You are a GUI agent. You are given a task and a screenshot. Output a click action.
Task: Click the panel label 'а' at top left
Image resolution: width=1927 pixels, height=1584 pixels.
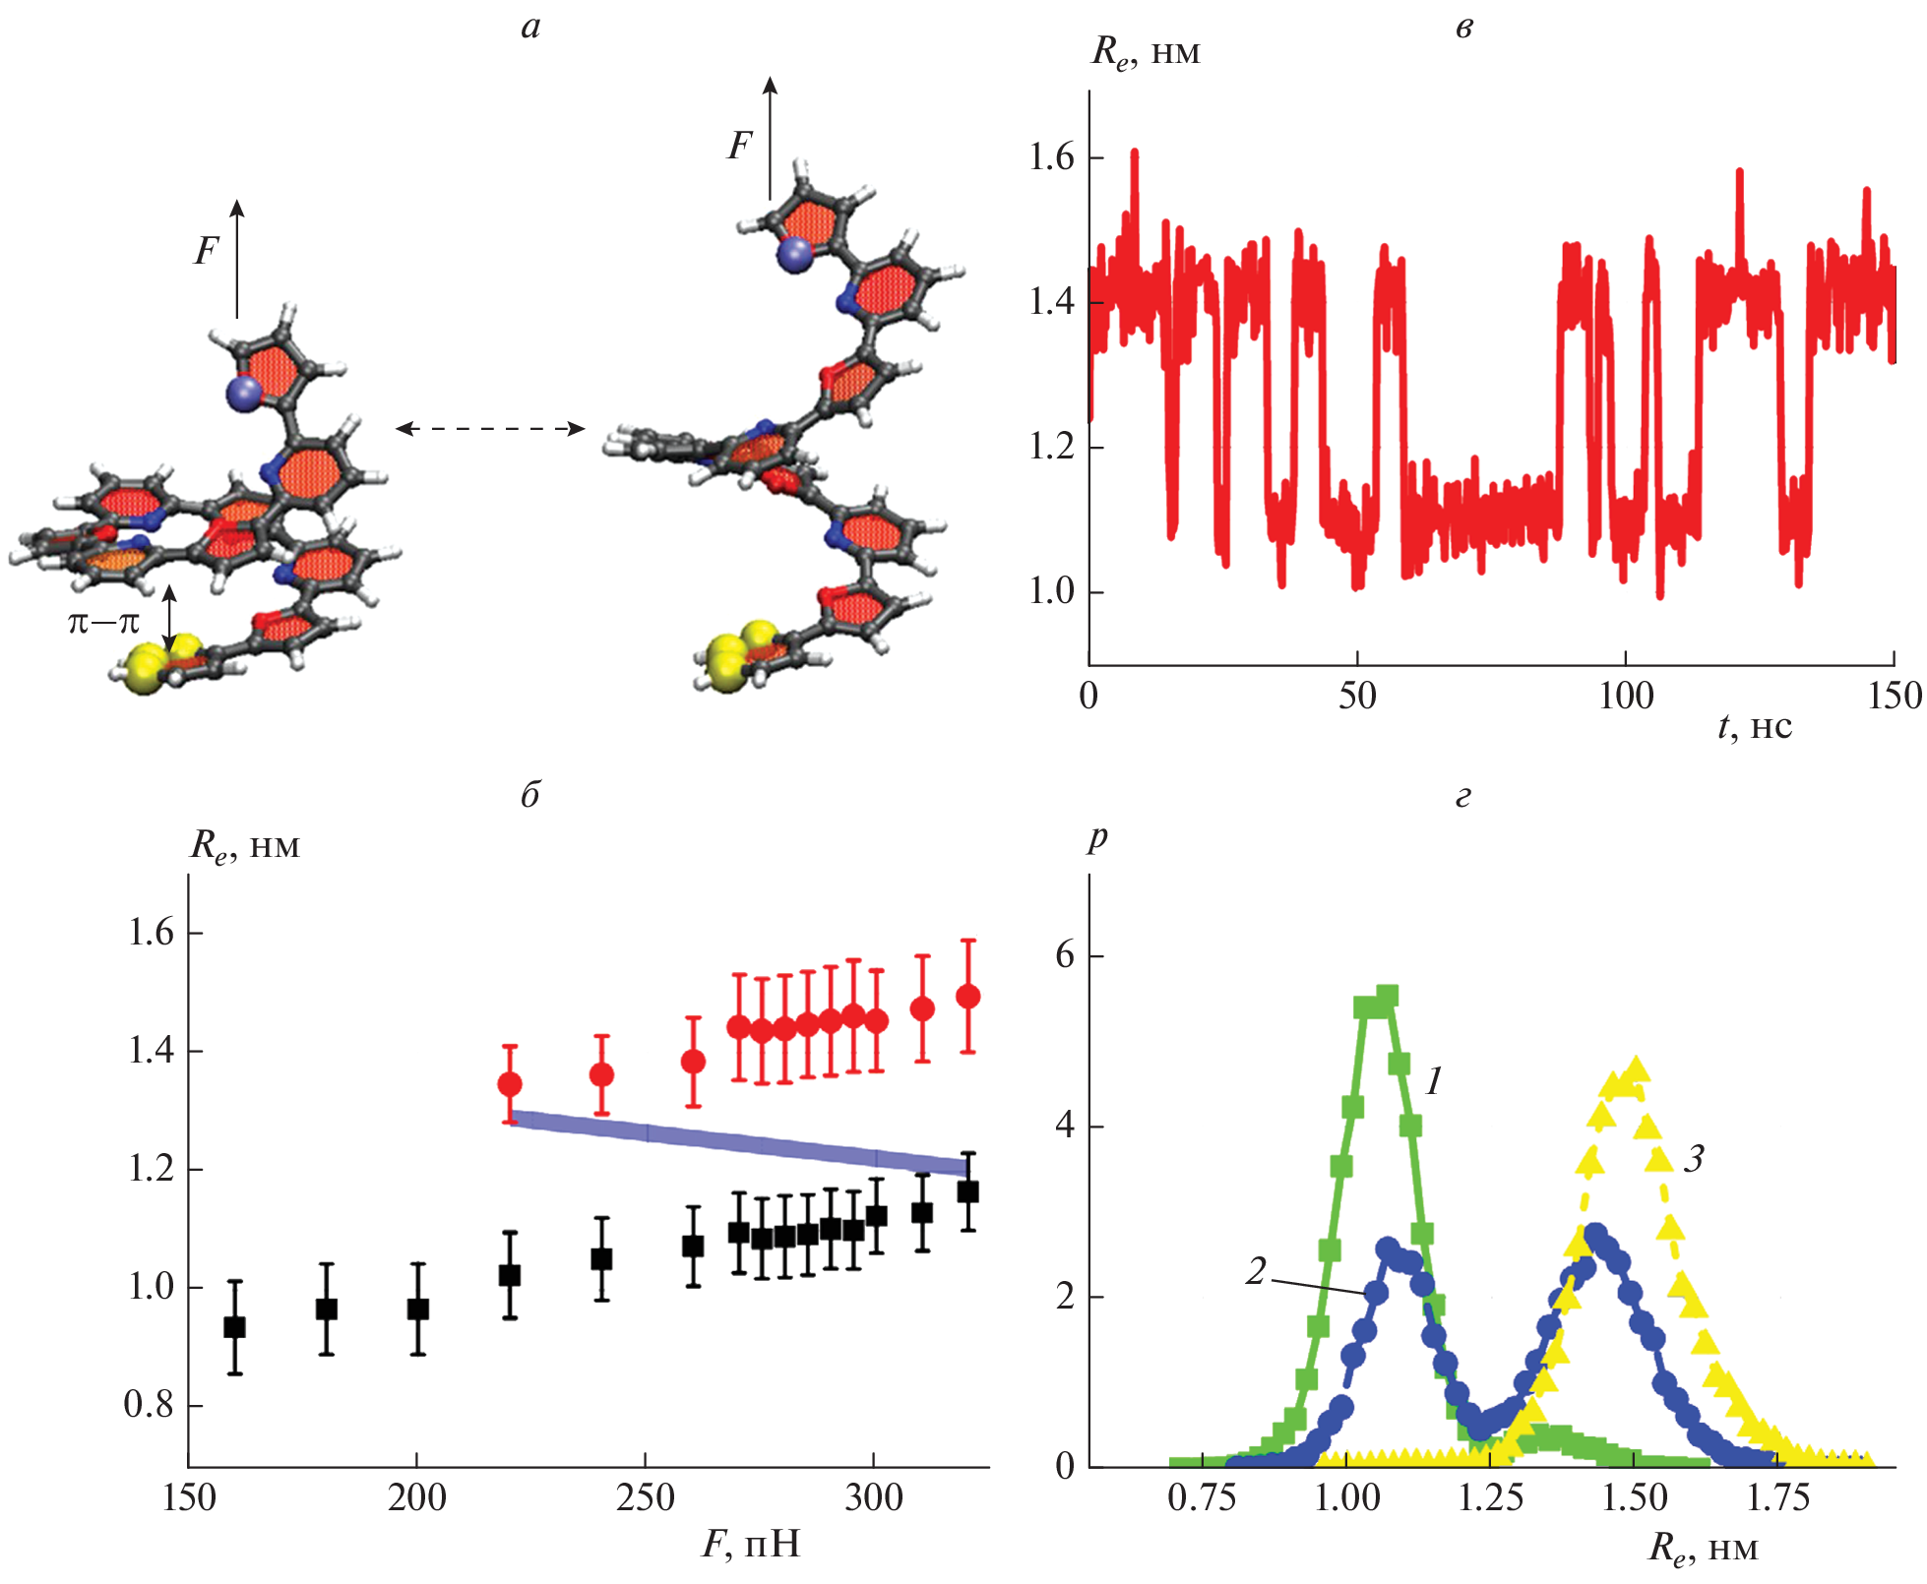coord(531,28)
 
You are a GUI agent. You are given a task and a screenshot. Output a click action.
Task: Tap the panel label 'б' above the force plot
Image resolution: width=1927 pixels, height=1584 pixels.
coord(530,794)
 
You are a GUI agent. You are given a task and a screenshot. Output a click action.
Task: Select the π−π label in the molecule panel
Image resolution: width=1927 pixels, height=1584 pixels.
coord(103,622)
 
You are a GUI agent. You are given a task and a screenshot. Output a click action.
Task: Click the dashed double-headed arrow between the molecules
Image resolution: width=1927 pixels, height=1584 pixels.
coord(490,428)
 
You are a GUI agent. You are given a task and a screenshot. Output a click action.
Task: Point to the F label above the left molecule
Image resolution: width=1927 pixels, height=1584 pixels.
coord(205,252)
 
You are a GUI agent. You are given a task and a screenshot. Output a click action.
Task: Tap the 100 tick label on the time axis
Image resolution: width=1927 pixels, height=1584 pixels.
coord(1625,697)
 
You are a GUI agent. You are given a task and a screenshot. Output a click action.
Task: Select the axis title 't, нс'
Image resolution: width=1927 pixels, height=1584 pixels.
coord(1755,726)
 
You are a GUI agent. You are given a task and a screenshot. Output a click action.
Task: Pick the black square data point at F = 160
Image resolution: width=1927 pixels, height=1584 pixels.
coord(234,1327)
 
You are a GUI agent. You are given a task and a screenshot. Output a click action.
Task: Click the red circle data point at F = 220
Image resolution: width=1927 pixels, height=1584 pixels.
coord(510,1084)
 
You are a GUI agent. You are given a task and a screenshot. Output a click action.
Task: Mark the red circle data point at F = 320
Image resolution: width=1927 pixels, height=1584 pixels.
coord(968,997)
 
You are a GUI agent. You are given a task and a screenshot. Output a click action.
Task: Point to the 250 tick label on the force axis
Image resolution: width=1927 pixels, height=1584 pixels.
coord(645,1498)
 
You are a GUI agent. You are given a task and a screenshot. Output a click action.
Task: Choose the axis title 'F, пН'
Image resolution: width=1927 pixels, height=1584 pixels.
coord(750,1544)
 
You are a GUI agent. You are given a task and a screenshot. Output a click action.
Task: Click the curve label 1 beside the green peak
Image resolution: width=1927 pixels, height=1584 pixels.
coord(1434,1082)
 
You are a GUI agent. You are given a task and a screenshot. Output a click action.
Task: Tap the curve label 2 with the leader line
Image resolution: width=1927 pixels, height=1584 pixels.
coord(1256,1271)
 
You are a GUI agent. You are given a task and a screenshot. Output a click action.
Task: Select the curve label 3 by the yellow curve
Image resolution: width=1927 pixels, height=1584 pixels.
coord(1694,1159)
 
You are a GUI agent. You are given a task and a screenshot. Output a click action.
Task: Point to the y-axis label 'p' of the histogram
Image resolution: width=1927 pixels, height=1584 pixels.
coord(1098,838)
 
